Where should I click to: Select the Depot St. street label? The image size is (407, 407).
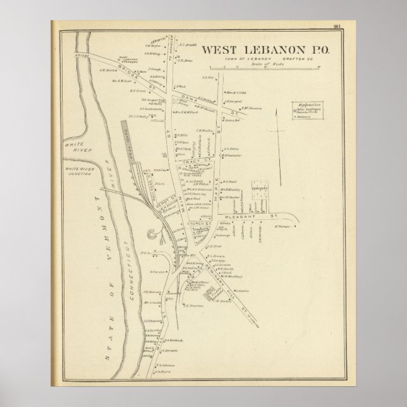pos(164,202)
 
